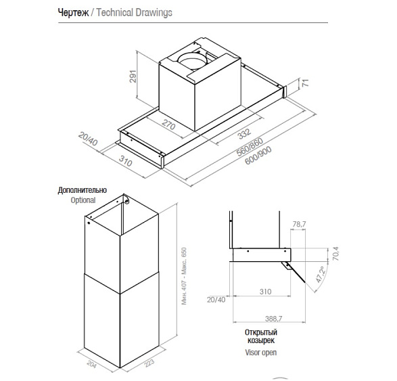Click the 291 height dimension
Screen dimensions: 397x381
[133, 76]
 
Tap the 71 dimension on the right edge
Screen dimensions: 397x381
[306, 83]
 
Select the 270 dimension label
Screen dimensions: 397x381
[168, 125]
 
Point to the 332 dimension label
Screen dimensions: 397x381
[244, 133]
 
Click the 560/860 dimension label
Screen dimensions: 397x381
[250, 147]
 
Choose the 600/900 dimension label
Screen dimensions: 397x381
[258, 155]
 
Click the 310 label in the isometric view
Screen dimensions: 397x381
[126, 161]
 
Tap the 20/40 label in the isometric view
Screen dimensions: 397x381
[88, 139]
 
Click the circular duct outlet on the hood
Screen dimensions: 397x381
[193, 61]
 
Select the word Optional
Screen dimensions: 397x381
[83, 200]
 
